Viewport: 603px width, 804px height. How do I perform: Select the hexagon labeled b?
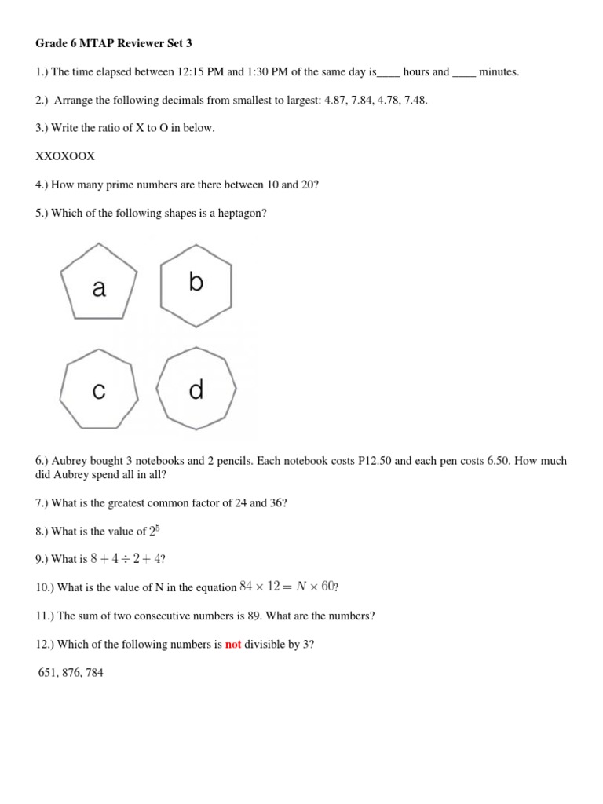click(x=196, y=283)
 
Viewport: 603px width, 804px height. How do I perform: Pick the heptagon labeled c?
click(x=99, y=390)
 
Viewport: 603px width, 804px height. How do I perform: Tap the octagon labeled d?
click(x=196, y=390)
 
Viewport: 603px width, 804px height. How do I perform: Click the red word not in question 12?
click(x=233, y=645)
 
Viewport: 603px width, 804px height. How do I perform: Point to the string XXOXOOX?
click(x=65, y=156)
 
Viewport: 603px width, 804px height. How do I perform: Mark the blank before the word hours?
click(x=389, y=72)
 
